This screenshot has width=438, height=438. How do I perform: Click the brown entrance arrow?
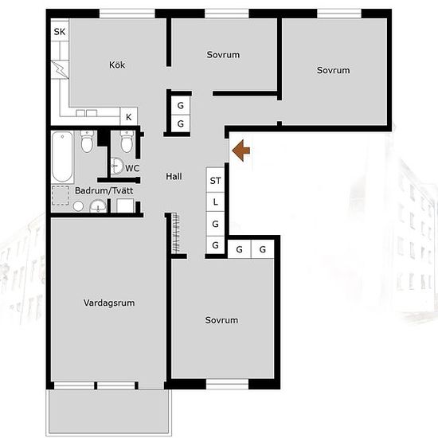241,151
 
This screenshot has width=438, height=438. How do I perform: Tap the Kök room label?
117,65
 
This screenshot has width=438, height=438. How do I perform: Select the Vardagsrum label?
109,303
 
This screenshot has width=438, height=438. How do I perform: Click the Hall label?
174,176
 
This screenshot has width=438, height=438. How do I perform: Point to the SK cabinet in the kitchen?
60,31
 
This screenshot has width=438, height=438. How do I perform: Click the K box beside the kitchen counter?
128,117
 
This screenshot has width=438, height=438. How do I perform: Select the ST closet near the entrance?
215,180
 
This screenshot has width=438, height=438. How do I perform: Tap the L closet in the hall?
215,202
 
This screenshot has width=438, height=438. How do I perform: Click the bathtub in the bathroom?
63,157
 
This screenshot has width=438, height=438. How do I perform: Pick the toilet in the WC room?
127,142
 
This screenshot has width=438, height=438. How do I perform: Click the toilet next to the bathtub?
87,142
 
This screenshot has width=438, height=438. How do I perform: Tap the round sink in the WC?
117,166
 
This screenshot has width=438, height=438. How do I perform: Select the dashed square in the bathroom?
61,196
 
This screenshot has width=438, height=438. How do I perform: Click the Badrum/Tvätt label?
104,191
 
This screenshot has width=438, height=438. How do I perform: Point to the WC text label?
132,168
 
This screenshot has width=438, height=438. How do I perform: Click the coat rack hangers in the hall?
176,233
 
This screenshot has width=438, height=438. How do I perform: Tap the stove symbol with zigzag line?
60,70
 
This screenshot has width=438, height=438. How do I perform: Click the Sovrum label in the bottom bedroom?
221,320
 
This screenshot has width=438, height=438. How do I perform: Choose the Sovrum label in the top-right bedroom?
333,70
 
